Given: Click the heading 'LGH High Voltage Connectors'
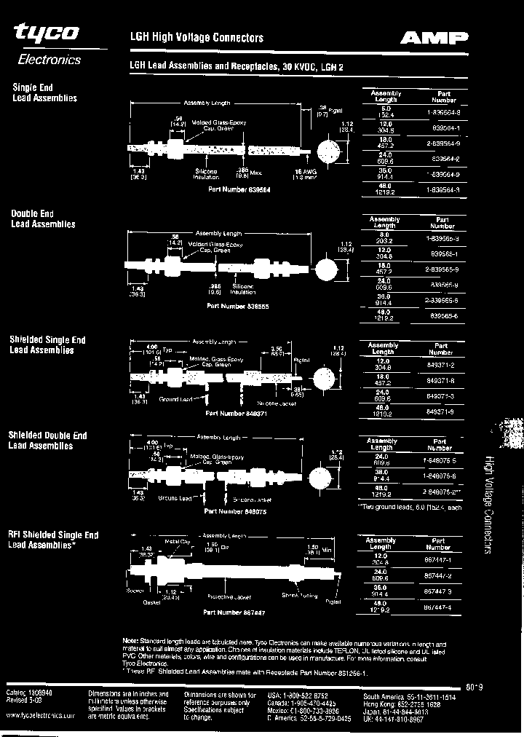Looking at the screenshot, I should [196, 37].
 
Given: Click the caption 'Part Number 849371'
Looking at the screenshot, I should [231, 413].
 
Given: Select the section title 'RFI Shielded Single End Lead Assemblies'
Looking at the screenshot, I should [53, 539].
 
